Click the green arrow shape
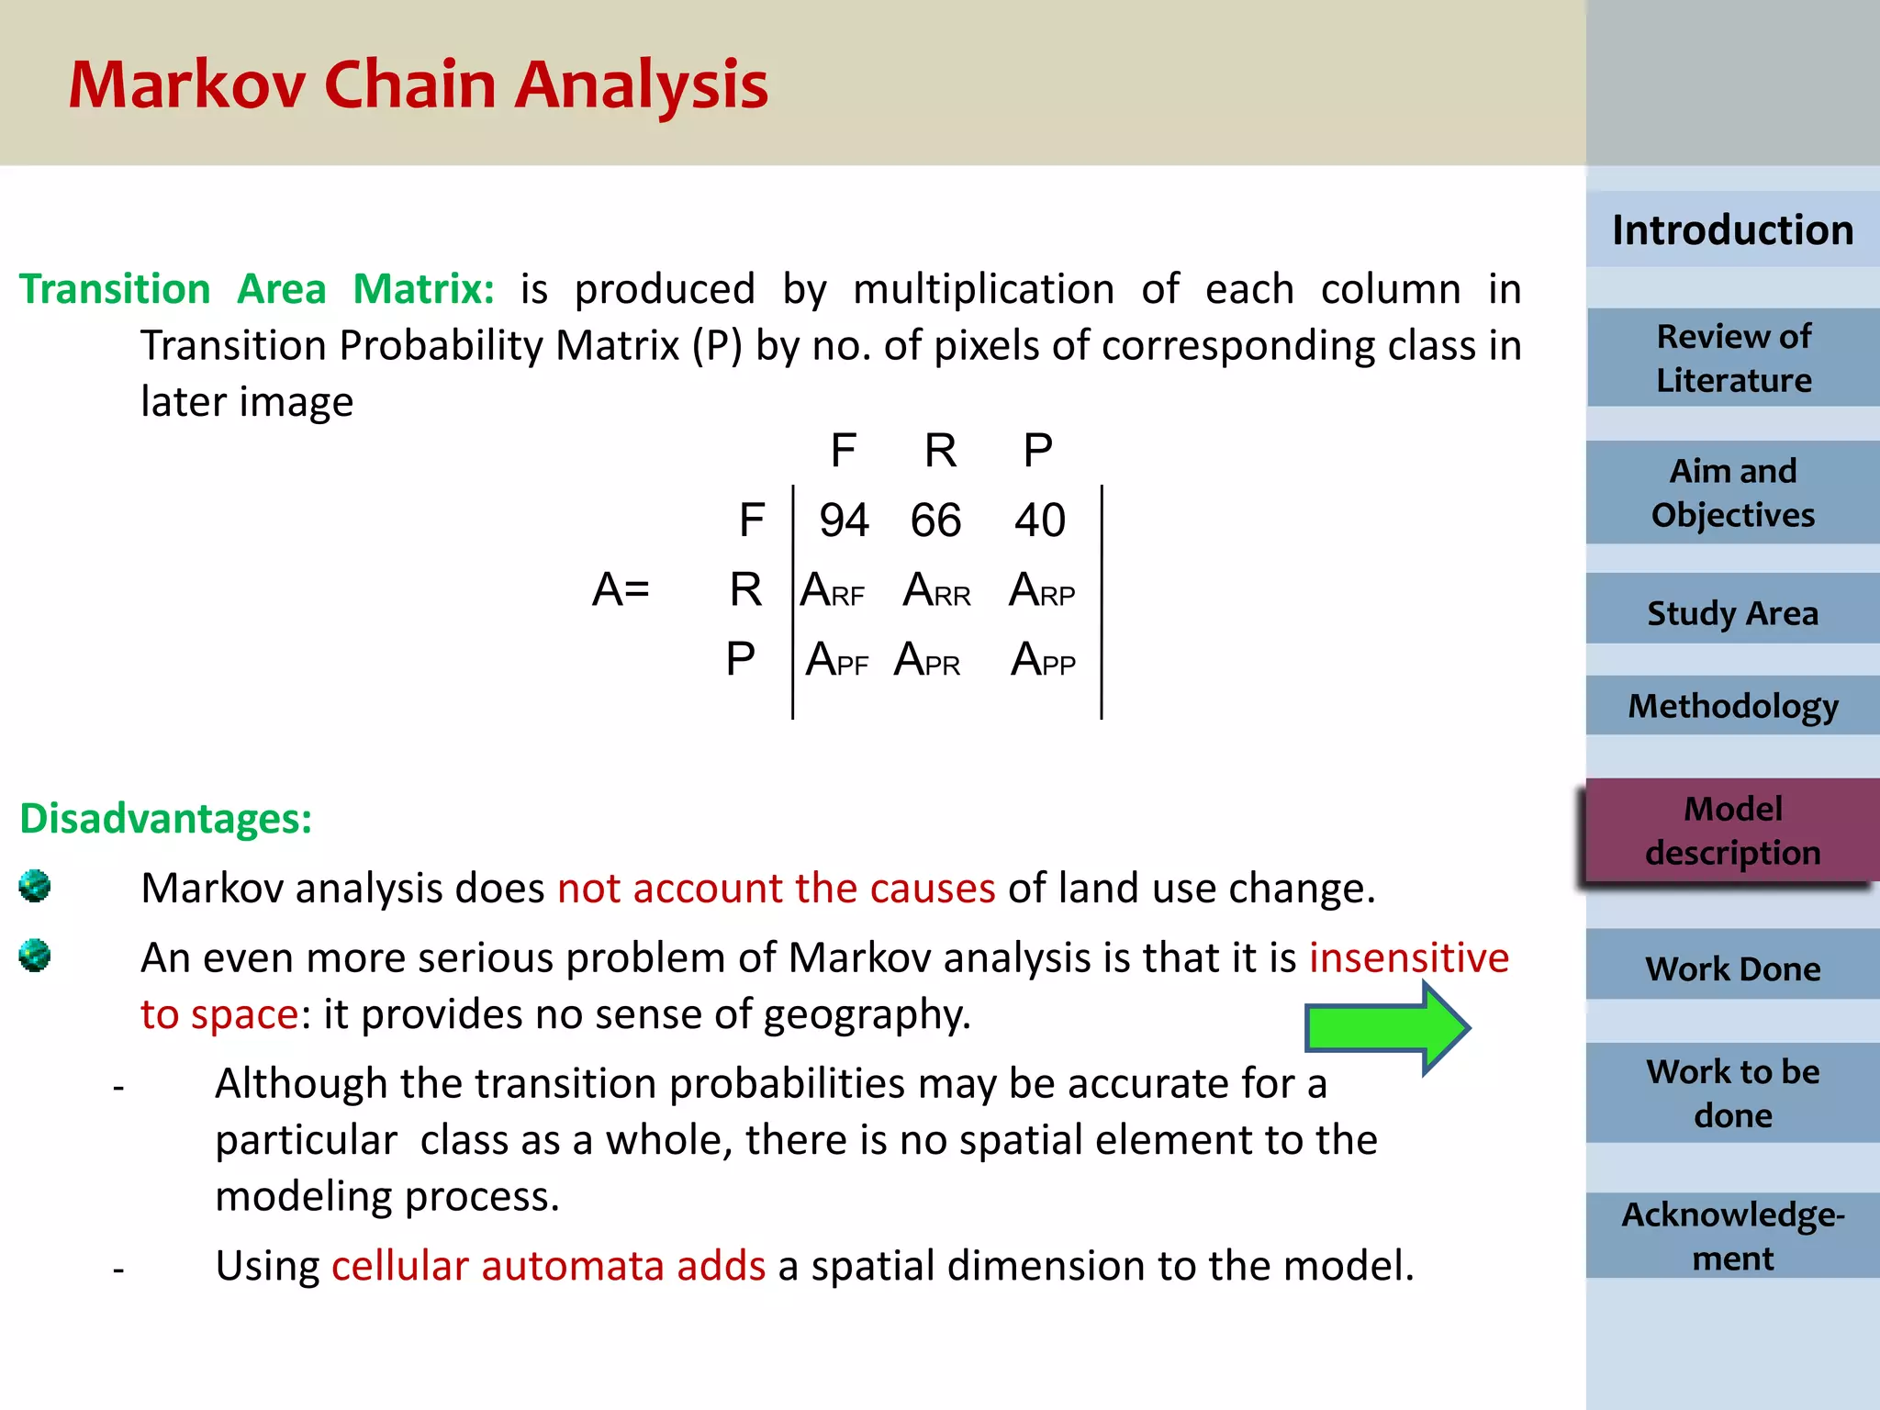tap(1386, 1027)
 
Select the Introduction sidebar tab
tap(1732, 229)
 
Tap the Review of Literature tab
tap(1733, 358)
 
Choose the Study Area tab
tap(1732, 612)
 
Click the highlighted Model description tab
tap(1732, 831)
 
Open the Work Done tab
tap(1732, 968)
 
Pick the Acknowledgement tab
tap(1732, 1236)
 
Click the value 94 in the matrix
tap(844, 520)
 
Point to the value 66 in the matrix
tap(935, 520)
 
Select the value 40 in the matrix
tap(1039, 520)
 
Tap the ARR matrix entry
tap(936, 590)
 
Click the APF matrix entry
tap(836, 659)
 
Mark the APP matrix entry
tap(1043, 659)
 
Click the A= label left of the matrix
tap(621, 589)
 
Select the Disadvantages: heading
tap(166, 818)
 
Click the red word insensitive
tap(1408, 957)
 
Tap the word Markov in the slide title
tap(186, 84)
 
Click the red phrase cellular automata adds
tap(548, 1265)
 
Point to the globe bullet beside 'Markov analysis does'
tap(35, 887)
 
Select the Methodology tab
tap(1732, 706)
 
